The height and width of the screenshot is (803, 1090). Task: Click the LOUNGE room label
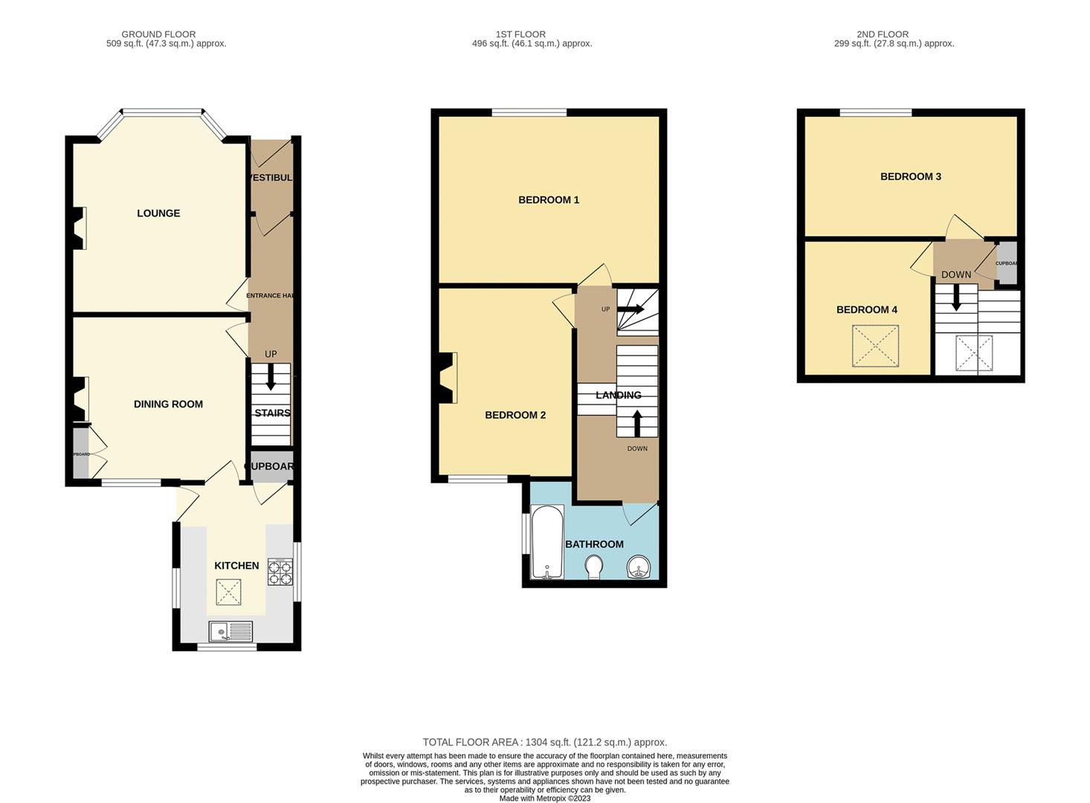(158, 213)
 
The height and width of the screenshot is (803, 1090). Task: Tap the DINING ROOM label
(168, 404)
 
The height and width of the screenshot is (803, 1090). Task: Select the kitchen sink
(231, 632)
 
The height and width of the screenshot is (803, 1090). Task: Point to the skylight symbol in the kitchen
(229, 593)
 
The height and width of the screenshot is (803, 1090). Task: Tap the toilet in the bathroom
(594, 567)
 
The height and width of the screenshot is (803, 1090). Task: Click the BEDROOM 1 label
(549, 200)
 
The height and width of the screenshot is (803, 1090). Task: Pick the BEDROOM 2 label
(515, 415)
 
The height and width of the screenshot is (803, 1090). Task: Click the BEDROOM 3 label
(911, 177)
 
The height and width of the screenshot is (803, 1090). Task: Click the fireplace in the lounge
(79, 228)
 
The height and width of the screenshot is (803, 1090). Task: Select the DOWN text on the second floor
(956, 274)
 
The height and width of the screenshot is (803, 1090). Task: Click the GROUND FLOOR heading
(158, 34)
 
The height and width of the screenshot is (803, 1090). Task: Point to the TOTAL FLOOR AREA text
(545, 742)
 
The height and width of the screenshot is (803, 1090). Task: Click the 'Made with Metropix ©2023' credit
(545, 798)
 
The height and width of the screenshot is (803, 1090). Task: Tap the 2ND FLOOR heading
(883, 34)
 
